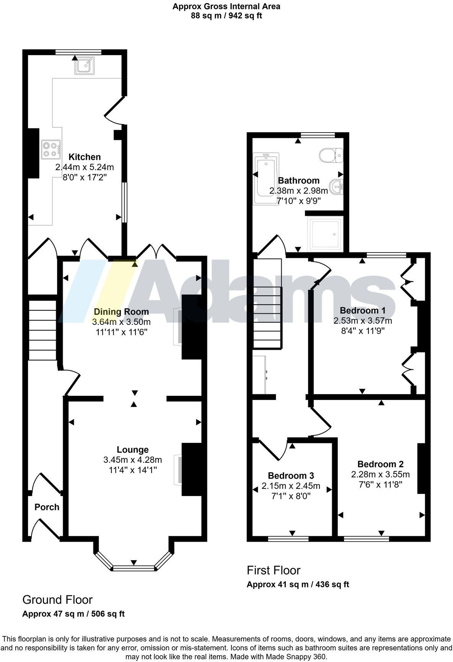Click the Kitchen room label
tap(85, 157)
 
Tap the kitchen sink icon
tap(84, 66)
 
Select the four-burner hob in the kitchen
tap(51, 149)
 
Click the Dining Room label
tap(121, 311)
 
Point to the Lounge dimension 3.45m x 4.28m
tap(132, 459)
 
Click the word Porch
tap(47, 507)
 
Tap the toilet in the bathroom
tap(331, 155)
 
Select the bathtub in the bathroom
tap(266, 178)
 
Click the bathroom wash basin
tap(337, 187)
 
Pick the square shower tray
tap(325, 233)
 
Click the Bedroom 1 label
tap(362, 310)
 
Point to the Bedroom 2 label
tap(380, 464)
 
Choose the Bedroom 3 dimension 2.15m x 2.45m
tap(291, 486)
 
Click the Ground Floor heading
tap(57, 600)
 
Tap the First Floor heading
tap(274, 570)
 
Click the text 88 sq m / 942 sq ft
tap(226, 16)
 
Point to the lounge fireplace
tap(179, 469)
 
